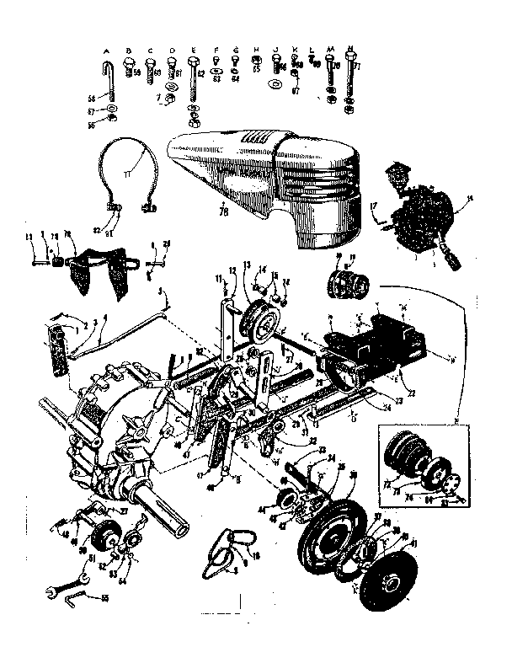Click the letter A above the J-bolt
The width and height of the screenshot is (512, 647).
(x=108, y=50)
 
